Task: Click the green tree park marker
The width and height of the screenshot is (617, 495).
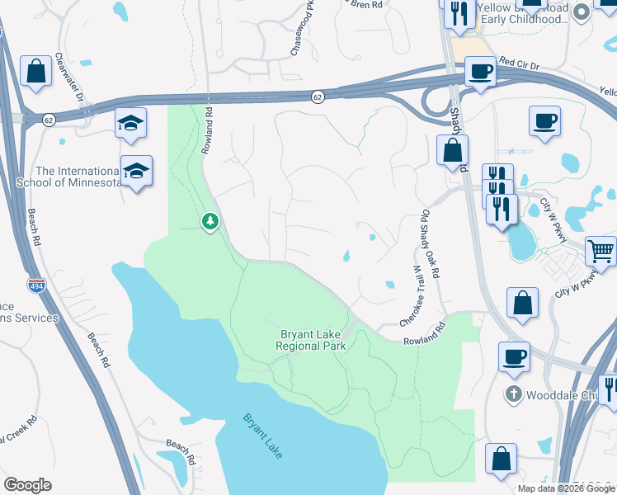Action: [x=211, y=221]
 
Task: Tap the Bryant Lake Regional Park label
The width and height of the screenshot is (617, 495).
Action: [x=311, y=341]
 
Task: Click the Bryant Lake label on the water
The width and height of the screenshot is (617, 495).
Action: [x=263, y=434]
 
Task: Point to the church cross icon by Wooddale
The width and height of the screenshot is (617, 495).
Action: [x=513, y=393]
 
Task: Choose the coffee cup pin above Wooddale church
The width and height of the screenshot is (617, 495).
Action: [x=514, y=356]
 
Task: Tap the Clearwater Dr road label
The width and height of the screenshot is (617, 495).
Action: [x=71, y=78]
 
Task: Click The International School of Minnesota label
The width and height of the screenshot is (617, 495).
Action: [x=68, y=177]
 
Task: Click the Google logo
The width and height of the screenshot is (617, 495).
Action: [x=27, y=485]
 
